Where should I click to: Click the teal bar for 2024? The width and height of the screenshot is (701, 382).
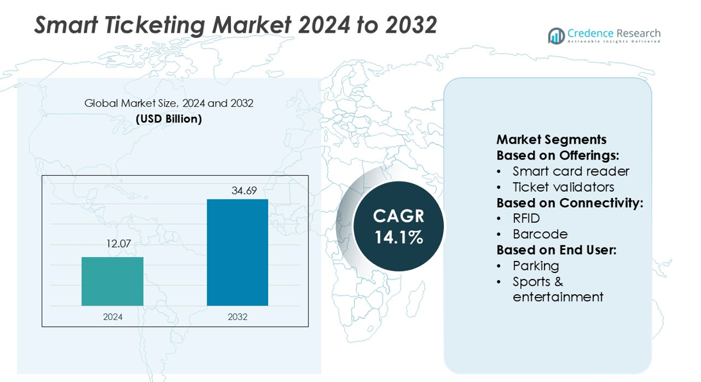pos(112,281)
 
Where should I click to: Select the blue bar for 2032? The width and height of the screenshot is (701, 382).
pos(237,253)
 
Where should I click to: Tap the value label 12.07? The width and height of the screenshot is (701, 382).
pos(112,244)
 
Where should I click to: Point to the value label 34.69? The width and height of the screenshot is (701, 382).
pos(237,190)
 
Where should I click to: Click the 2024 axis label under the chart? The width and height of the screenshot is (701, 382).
pos(112,317)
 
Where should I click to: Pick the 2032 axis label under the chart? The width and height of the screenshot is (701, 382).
pos(237,317)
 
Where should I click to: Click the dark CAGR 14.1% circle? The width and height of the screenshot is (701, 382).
pos(398,226)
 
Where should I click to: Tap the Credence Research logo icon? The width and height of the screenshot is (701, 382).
pos(556,36)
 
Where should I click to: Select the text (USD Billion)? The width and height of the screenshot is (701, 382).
pos(169,119)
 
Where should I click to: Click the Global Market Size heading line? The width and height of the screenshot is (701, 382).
pos(169,103)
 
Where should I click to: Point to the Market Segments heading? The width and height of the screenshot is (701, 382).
pos(551,140)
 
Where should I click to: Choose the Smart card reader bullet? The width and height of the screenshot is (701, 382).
pos(571,171)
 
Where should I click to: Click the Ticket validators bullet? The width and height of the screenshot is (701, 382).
pos(563,187)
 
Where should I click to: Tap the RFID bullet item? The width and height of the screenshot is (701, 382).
pos(526,219)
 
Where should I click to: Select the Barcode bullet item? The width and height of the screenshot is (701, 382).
pos(540,234)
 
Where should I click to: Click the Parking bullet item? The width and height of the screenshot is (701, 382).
pos(536,265)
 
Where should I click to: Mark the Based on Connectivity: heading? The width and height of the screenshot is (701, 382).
pos(570,203)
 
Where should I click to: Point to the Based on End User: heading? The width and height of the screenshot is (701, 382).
pos(556,250)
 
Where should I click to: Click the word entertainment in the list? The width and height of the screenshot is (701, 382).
pos(558,297)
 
